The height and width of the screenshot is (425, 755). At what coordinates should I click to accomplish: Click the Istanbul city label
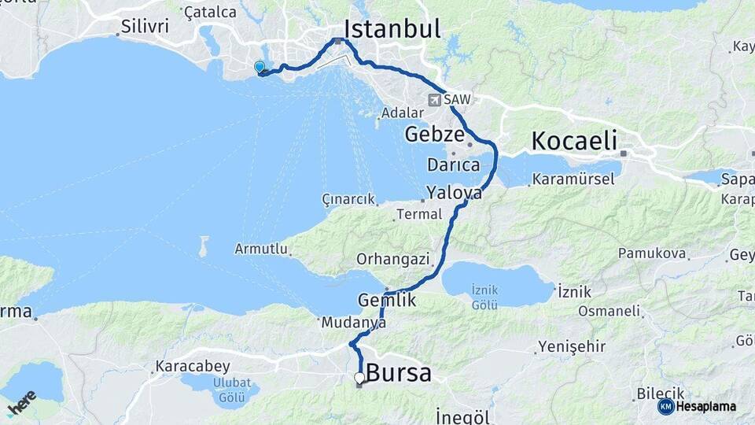pos(392,29)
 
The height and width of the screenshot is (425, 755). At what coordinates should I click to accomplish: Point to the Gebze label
pos(433,135)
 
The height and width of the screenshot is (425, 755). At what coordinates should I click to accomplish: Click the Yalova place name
pos(454,192)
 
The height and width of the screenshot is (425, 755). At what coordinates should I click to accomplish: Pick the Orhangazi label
pos(392,258)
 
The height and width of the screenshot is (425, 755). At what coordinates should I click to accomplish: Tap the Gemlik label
pos(387,300)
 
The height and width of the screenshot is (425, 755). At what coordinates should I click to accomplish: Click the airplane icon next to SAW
pos(434,100)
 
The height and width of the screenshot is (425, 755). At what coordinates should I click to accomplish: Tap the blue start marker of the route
pos(260,67)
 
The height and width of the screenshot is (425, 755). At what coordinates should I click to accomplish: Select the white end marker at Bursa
pos(359,378)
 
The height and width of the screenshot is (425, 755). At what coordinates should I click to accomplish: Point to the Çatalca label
pos(209,12)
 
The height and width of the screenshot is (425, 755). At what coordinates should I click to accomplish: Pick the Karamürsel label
pos(573,179)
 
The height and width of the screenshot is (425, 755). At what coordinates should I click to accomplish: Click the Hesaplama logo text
pos(705,407)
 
